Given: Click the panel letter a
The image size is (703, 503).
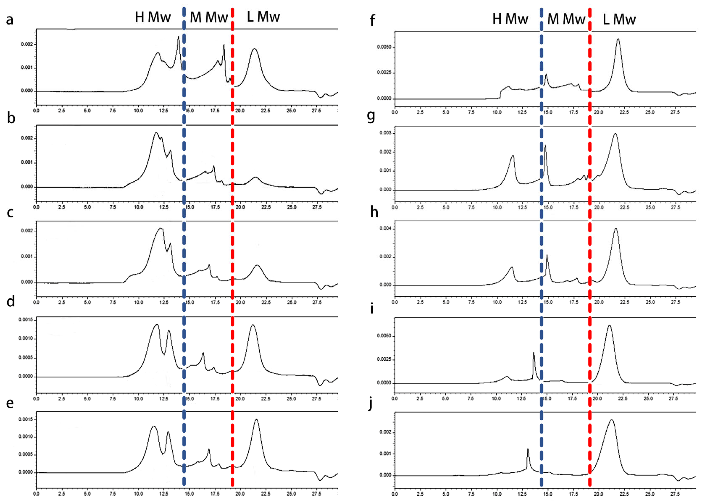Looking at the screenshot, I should click(x=10, y=20).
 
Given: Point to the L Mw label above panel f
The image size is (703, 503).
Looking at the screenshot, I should click(x=619, y=20).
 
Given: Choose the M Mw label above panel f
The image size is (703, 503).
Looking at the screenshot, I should click(x=566, y=19).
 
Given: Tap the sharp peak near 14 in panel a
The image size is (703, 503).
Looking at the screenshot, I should click(x=178, y=37).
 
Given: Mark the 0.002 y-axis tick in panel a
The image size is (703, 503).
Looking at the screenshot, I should click(x=27, y=44).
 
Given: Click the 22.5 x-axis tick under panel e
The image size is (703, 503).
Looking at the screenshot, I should click(x=266, y=494).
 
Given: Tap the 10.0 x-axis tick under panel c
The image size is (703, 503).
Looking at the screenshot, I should click(x=138, y=303).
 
